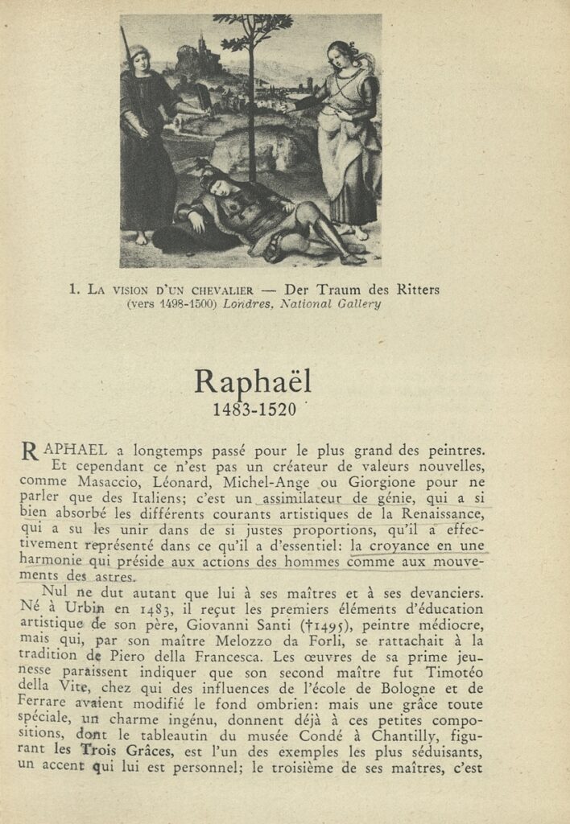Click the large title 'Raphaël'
(x=252, y=381)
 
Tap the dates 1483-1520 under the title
(x=254, y=410)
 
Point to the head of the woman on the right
(x=337, y=56)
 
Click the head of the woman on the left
(x=140, y=60)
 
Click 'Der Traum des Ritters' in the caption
(x=361, y=290)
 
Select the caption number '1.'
(x=74, y=290)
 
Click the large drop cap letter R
(x=29, y=453)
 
